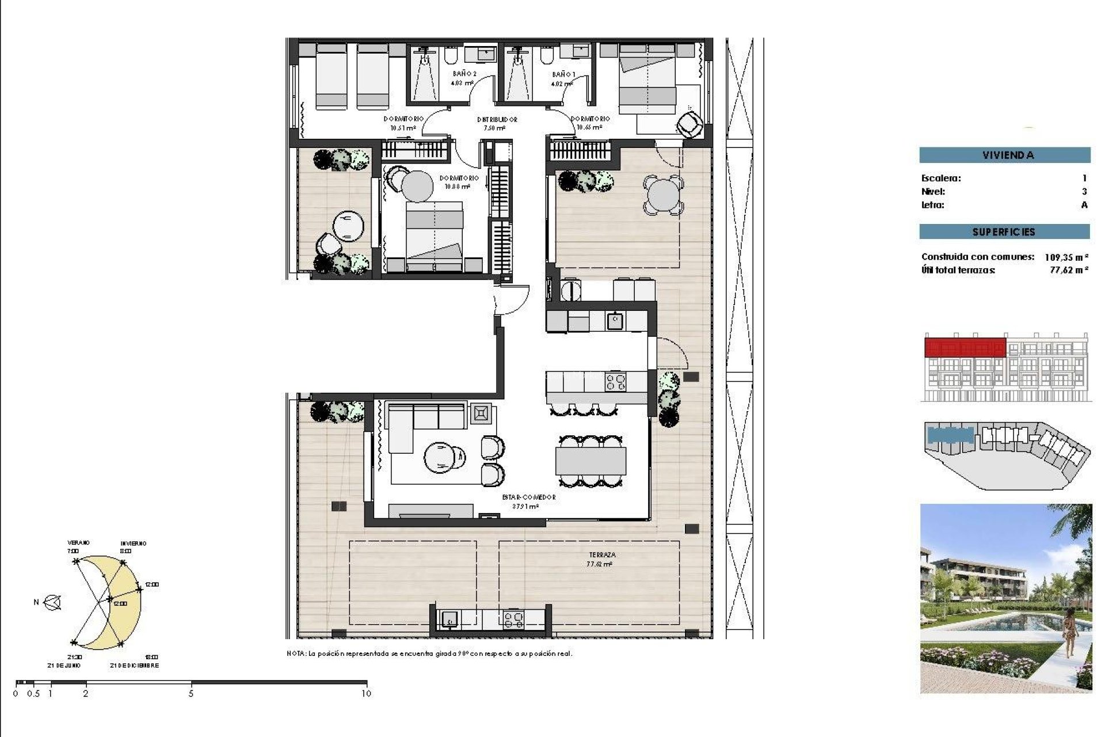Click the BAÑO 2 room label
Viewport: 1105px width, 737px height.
tap(464, 74)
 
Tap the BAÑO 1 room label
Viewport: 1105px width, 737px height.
tap(563, 74)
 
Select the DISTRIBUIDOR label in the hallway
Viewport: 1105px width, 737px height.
tap(497, 120)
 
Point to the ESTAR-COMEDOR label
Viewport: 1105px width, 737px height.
tap(528, 497)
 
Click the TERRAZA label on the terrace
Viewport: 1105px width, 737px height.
tap(602, 555)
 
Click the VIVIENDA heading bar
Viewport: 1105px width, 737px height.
tap(1004, 155)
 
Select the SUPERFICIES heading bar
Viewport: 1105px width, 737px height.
tap(1004, 232)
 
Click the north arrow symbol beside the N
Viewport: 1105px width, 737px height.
tap(54, 603)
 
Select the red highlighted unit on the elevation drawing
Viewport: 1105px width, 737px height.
tap(965, 348)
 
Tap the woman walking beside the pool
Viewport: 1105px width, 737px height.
tap(1070, 633)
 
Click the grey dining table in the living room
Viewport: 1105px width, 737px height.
tap(590, 461)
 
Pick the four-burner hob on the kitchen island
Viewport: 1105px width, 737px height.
tap(615, 382)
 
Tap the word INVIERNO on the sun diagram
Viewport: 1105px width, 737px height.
tap(133, 544)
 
